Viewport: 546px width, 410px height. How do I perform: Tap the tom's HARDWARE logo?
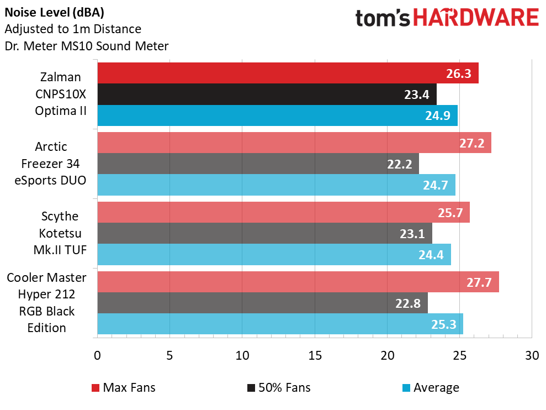coord(447,18)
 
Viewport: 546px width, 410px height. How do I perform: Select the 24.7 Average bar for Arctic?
coord(276,185)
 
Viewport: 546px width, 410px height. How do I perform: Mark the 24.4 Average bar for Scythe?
coord(274,254)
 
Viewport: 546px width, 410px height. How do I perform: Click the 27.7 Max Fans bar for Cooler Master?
coord(298,282)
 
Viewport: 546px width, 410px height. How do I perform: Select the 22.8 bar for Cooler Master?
coord(262,303)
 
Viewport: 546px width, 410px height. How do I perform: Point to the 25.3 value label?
coord(443,324)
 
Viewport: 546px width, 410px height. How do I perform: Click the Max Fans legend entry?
coord(123,387)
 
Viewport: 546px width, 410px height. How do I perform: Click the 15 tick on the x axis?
coord(315,355)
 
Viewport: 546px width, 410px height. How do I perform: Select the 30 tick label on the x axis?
coord(532,355)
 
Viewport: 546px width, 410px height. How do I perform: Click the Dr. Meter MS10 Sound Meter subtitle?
coord(86,46)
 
